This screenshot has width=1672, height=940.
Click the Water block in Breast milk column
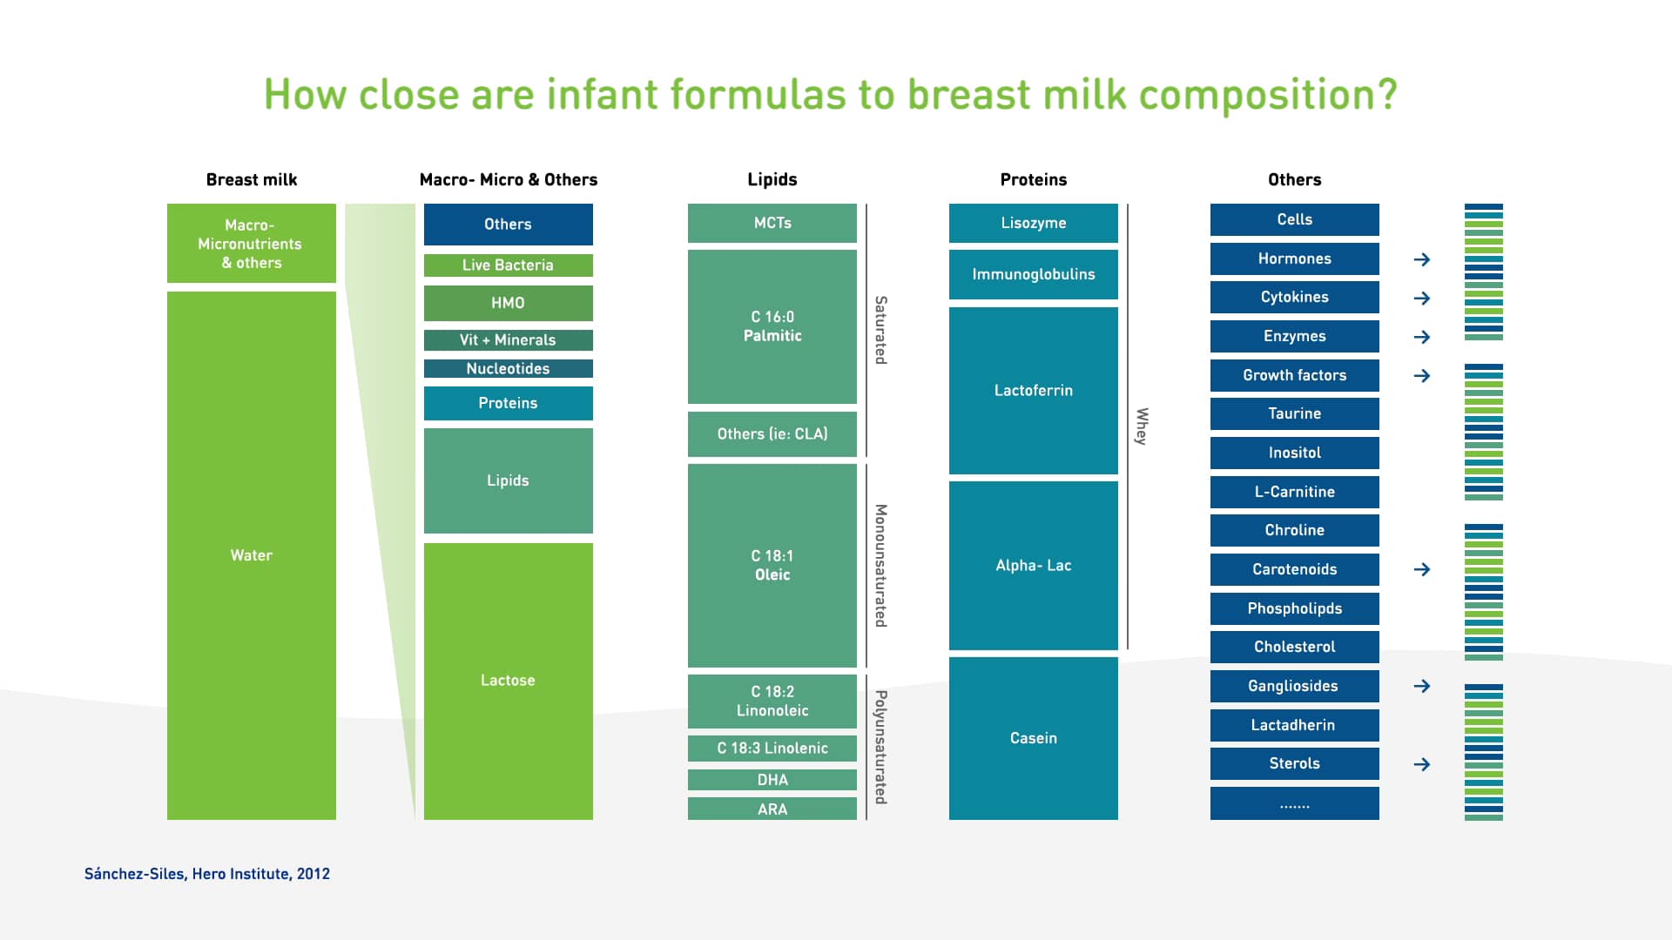251,555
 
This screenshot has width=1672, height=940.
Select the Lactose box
508,681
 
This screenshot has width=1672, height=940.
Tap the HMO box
508,303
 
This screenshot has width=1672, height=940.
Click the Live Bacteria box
508,265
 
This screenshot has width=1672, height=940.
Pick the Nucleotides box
508,369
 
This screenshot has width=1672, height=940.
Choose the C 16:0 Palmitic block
772,326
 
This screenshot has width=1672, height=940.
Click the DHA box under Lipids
772,780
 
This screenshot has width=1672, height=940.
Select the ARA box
772,809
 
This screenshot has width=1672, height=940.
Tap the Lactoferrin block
1033,391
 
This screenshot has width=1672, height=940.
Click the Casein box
1033,738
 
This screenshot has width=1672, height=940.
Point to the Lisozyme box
1033,224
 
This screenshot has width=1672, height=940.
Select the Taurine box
1294,414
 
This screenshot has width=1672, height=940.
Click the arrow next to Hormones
1422,259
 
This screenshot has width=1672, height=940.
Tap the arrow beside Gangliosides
1422,686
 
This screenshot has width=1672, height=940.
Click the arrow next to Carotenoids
1422,569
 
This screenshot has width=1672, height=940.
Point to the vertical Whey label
1142,426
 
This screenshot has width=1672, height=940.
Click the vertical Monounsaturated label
880,566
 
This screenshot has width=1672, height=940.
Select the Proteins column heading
1033,180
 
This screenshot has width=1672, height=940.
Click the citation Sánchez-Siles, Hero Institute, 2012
207,874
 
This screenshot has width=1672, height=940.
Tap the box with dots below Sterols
1294,803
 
